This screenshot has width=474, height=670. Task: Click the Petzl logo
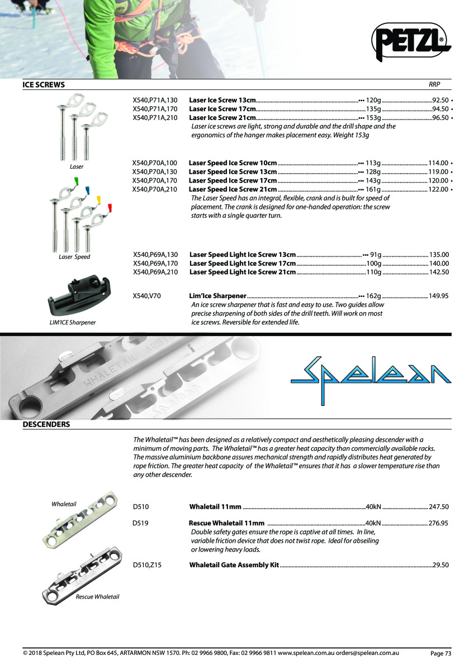(411, 41)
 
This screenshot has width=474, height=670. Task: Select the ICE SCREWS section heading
(44, 85)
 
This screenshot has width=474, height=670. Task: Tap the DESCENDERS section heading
(46, 424)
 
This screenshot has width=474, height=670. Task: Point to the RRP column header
(434, 85)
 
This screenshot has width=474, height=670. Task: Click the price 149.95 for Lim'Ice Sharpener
(439, 296)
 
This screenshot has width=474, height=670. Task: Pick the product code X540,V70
(147, 296)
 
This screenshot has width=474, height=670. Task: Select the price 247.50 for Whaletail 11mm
(439, 507)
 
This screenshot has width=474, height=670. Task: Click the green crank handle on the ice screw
(76, 180)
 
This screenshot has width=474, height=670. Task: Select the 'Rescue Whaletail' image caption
(97, 597)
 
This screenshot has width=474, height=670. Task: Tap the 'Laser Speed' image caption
(74, 257)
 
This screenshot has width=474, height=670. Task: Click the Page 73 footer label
(440, 653)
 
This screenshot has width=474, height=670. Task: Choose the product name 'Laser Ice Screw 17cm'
(222, 109)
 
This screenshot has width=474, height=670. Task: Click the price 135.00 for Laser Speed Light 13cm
(439, 254)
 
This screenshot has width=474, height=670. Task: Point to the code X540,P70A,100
(155, 163)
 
